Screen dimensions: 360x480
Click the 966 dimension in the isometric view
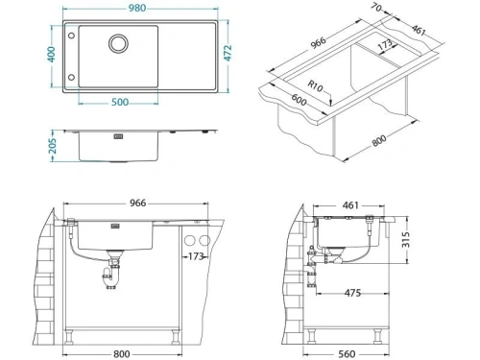click(320, 43)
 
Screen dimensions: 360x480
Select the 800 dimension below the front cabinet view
click(121, 352)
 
